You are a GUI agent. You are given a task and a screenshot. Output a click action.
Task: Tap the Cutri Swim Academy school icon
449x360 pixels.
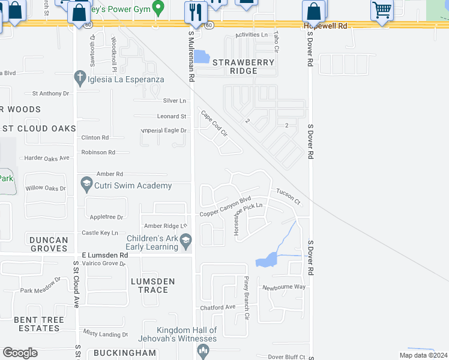[86, 185]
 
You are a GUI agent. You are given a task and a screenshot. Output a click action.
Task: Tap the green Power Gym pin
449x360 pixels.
[158, 8]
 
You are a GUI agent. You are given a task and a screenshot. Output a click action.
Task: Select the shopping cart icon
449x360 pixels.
[382, 10]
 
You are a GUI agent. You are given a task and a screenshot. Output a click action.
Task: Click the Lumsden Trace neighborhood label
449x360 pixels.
[152, 286]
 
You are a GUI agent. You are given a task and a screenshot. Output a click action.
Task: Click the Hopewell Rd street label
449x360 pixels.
[325, 26]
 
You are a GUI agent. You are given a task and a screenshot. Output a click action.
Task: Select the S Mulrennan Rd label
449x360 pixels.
[191, 57]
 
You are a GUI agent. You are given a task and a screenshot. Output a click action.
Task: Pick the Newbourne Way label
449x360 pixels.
[283, 287]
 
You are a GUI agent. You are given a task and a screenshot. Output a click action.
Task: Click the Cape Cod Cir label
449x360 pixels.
[214, 124]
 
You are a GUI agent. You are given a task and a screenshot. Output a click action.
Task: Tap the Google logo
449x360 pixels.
[20, 353]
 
